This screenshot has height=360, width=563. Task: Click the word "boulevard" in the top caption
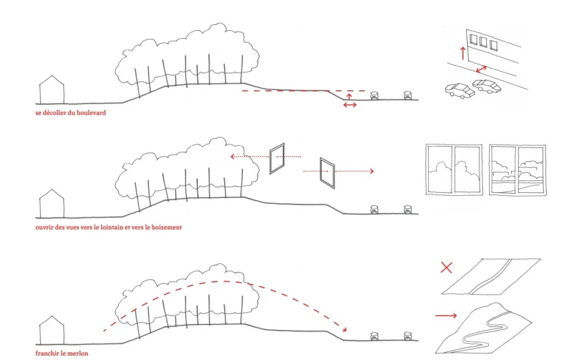pyautogui.click(x=94, y=114)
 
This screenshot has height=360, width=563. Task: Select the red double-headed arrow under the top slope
pyautogui.click(x=350, y=105)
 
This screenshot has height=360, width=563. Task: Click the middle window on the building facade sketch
pyautogui.click(x=486, y=41)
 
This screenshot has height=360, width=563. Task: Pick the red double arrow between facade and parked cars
pyautogui.click(x=482, y=68)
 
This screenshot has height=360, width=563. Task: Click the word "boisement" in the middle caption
pyautogui.click(x=165, y=227)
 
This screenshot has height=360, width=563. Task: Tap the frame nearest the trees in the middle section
pyautogui.click(x=276, y=159)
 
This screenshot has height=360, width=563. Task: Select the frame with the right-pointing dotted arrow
pyautogui.click(x=327, y=172)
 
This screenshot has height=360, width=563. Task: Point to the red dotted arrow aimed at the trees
pyautogui.click(x=249, y=156)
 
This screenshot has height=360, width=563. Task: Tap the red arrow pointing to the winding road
pyautogui.click(x=446, y=316)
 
